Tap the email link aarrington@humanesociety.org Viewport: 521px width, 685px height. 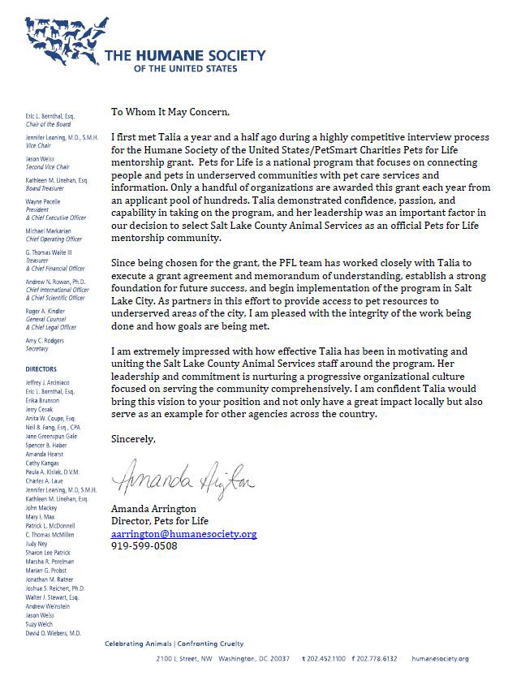[x=183, y=534]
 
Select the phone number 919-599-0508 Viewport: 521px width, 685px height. [x=144, y=546]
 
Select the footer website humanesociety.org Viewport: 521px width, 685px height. [x=441, y=658]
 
